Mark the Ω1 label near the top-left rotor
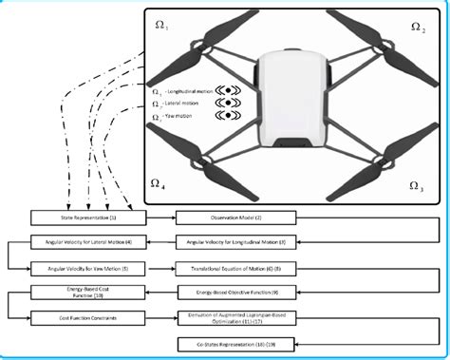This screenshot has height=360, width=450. pos(160,26)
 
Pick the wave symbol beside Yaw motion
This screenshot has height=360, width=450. pos(229,116)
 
